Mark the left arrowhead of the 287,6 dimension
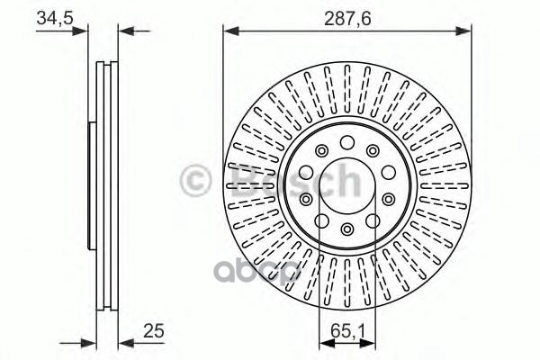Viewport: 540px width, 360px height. (x=229, y=31)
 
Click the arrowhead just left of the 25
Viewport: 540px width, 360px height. (x=124, y=342)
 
